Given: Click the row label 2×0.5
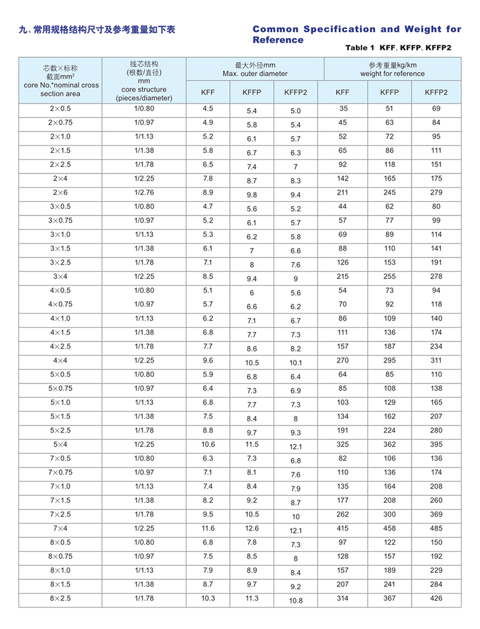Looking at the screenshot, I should pyautogui.click(x=60, y=109).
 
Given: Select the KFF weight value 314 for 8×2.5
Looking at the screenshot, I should pyautogui.click(x=343, y=598).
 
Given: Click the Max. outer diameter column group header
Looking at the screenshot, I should pyautogui.click(x=255, y=69).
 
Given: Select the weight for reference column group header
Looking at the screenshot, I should pyautogui.click(x=392, y=69).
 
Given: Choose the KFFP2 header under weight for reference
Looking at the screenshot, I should pyautogui.click(x=436, y=92).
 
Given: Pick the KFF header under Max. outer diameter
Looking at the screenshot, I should pyautogui.click(x=208, y=92).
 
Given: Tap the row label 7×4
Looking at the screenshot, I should pyautogui.click(x=60, y=528).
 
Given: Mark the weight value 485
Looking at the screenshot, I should pyautogui.click(x=436, y=528).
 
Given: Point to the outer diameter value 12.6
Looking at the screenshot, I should pyautogui.click(x=252, y=528).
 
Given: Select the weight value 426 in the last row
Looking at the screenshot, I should pyautogui.click(x=436, y=598).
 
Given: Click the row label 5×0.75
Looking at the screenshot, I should pyautogui.click(x=60, y=388).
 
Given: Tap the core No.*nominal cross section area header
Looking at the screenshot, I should pyautogui.click(x=60, y=80).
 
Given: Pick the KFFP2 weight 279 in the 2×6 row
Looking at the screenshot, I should pyautogui.click(x=436, y=193).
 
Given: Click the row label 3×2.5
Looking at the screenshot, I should pyautogui.click(x=60, y=262).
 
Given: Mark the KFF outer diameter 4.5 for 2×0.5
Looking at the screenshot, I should pyautogui.click(x=208, y=109).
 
